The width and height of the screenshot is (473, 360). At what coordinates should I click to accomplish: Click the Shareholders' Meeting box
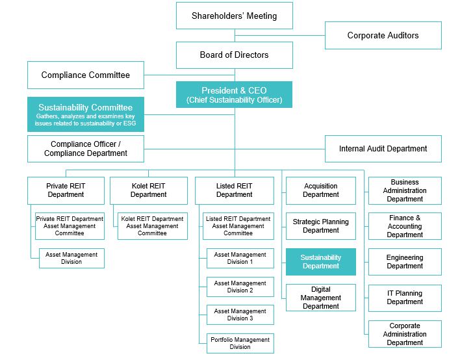click(x=235, y=16)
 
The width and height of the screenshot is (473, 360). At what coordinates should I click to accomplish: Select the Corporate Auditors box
click(x=383, y=35)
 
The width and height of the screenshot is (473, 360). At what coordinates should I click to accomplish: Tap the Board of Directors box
click(x=235, y=55)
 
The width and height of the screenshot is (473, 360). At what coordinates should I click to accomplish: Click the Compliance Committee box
click(x=86, y=75)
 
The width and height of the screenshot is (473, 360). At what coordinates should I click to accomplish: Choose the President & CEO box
click(x=235, y=94)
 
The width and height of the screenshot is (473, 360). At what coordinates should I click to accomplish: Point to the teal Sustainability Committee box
click(x=86, y=114)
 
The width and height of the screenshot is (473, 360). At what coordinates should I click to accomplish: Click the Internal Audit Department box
click(x=383, y=149)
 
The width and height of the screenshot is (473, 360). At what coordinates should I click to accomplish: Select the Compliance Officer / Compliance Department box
click(x=86, y=149)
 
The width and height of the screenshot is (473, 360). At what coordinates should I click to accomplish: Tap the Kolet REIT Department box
click(x=149, y=190)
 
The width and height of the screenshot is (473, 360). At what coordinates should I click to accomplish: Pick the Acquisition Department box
click(x=321, y=190)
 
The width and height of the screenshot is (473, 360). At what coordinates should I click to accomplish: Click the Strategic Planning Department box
click(x=321, y=226)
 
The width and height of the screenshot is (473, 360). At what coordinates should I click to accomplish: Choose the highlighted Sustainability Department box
click(x=321, y=262)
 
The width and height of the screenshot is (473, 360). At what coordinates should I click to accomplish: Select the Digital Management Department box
click(x=321, y=298)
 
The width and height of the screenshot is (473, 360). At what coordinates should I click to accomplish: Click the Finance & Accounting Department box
click(x=405, y=226)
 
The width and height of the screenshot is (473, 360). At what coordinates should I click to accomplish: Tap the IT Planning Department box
click(x=405, y=298)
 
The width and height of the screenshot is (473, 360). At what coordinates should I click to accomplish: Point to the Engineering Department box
click(x=405, y=262)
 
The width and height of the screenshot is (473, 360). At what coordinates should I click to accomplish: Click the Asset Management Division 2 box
click(x=240, y=287)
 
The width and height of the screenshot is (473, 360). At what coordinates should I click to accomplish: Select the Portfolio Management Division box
click(x=240, y=343)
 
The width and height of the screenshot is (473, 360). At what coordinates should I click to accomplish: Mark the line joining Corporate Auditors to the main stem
click(x=280, y=35)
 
